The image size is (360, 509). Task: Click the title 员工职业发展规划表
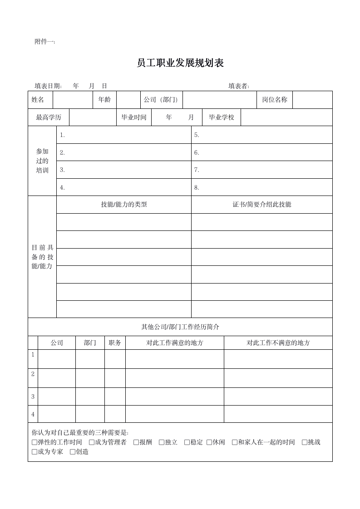point(180,63)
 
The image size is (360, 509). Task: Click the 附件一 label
point(45,42)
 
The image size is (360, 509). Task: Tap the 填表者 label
point(239,86)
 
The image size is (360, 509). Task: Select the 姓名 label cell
point(38,100)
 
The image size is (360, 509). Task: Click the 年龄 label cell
point(104,100)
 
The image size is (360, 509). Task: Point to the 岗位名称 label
point(275,100)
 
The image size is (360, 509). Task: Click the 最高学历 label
point(49,117)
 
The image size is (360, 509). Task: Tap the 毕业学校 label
point(222,117)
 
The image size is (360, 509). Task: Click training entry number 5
point(197,135)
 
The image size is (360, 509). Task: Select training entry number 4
point(63,187)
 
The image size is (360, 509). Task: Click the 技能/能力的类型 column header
point(124,205)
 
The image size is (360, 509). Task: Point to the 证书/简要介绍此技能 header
point(262,205)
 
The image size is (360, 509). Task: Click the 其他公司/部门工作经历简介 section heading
point(180,327)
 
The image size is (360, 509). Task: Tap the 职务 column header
point(115,343)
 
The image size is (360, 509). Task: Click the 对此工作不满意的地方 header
point(278,343)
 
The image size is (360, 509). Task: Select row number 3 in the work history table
point(33,396)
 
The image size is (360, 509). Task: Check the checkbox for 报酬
point(136,442)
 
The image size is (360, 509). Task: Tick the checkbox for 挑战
point(305,442)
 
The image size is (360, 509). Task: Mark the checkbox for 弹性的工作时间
point(35,442)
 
